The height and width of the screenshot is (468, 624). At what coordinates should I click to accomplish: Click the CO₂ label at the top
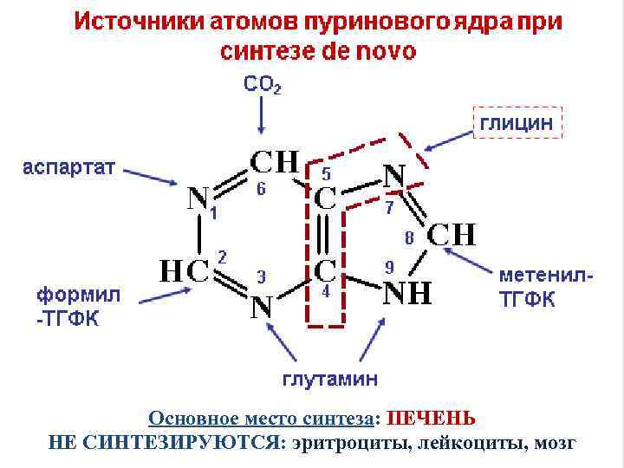(263, 85)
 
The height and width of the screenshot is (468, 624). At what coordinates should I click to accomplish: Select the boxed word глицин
(517, 123)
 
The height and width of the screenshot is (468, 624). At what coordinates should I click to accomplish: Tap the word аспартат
(68, 166)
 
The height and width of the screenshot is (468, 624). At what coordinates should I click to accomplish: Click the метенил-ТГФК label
(546, 287)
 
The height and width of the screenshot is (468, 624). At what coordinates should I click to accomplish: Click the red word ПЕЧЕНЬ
(431, 419)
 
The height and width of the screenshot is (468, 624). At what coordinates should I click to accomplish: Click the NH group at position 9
(406, 293)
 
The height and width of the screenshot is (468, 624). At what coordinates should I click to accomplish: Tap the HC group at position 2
(185, 270)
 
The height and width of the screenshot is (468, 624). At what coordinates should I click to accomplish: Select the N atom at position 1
(198, 199)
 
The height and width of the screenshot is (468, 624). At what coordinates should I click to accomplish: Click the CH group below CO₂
(274, 162)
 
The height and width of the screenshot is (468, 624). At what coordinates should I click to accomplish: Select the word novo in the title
(381, 50)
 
